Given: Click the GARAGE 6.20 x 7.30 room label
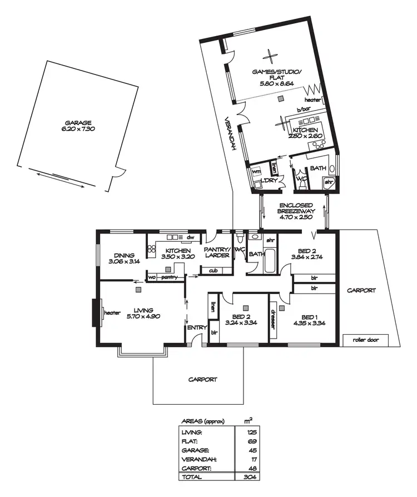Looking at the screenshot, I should point(78,126).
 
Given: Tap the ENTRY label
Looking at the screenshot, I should point(197,328).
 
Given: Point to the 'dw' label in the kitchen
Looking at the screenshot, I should point(190,237).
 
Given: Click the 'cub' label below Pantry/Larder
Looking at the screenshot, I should point(213,271).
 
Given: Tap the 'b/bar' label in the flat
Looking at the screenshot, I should point(302,110).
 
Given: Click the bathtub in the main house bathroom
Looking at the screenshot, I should point(270,261).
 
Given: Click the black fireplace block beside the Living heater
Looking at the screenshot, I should point(95,313).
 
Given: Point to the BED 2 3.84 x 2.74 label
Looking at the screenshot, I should point(307,254).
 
